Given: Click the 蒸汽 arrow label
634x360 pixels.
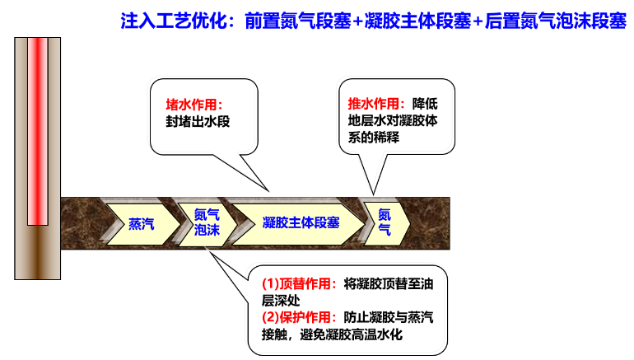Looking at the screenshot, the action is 142,224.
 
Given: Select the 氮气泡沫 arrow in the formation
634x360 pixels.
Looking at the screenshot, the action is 207,225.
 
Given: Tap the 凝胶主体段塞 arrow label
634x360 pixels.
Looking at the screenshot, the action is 301,222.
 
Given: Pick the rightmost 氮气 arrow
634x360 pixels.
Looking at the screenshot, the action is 387,224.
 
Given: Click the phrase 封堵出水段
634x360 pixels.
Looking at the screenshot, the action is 198,121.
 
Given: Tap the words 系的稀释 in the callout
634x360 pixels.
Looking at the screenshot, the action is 374,138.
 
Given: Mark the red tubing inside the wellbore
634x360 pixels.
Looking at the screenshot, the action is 38,131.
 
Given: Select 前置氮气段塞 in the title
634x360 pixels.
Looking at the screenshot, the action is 297,21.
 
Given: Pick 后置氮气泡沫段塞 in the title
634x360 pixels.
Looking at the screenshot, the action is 555,21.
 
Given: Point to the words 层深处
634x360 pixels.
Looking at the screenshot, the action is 281,301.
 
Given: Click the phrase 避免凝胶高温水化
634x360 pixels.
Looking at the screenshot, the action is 352,334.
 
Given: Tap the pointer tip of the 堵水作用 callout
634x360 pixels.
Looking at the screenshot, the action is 268,191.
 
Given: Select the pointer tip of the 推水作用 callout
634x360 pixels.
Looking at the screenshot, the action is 373,194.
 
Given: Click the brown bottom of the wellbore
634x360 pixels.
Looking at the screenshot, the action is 38,252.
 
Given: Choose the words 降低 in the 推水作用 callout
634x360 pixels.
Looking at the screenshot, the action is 425,104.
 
